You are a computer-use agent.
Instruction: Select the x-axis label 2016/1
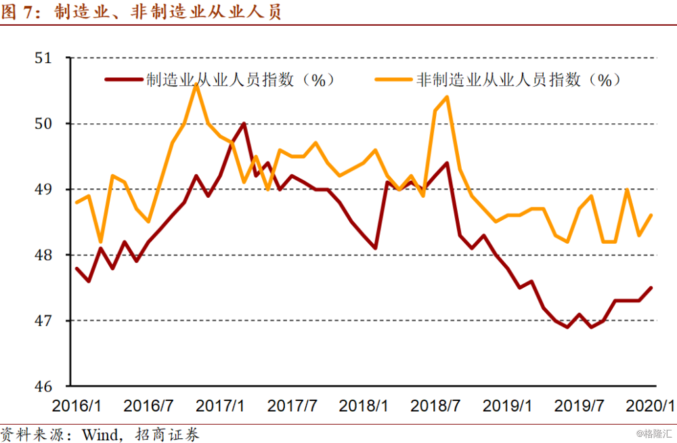pyautogui.click(x=77, y=406)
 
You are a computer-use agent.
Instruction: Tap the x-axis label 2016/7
pyautogui.click(x=148, y=406)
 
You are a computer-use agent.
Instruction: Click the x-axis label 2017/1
pyautogui.click(x=220, y=406)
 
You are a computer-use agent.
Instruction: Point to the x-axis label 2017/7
pyautogui.click(x=292, y=406)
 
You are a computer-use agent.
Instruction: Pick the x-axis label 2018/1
pyautogui.click(x=364, y=406)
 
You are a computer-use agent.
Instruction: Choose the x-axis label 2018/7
pyautogui.click(x=436, y=406)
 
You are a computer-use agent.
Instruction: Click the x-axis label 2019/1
pyautogui.click(x=508, y=406)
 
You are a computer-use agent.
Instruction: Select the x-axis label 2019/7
pyautogui.click(x=580, y=406)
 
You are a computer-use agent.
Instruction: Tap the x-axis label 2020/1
pyautogui.click(x=650, y=406)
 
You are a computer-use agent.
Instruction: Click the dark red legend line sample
pyautogui.click(x=125, y=80)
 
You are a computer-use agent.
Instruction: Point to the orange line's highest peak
pyautogui.click(x=196, y=85)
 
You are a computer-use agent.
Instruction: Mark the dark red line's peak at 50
pyautogui.click(x=244, y=123)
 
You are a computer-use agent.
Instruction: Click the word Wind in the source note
pyautogui.click(x=100, y=434)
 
